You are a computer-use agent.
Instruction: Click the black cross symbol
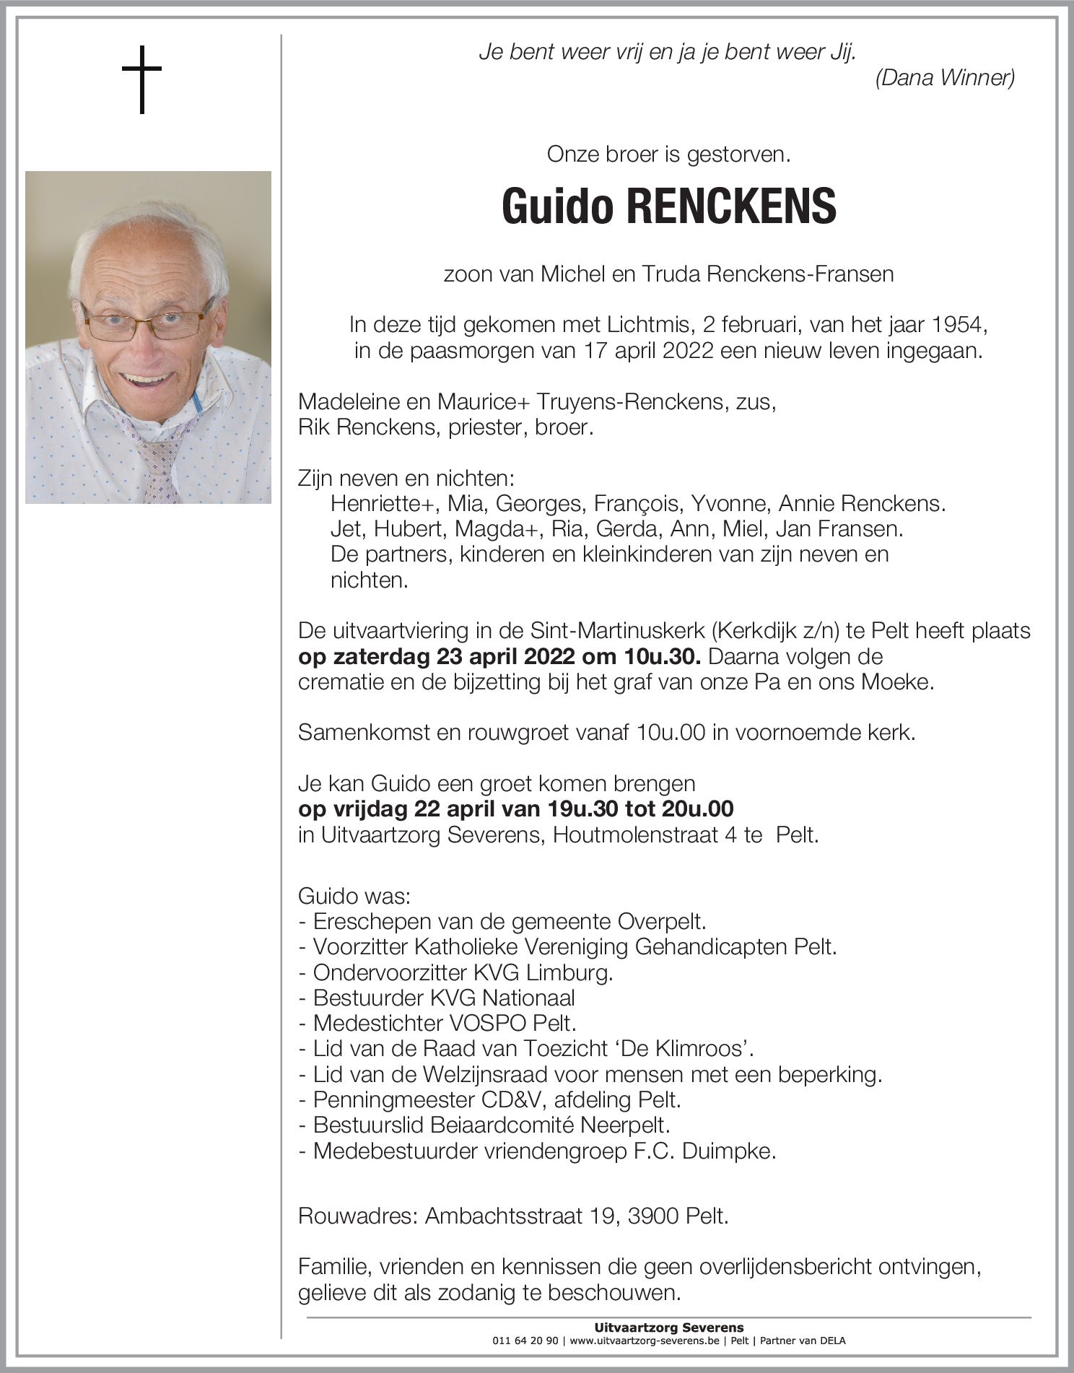tap(141, 79)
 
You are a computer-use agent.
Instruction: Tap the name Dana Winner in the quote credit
tap(945, 78)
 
